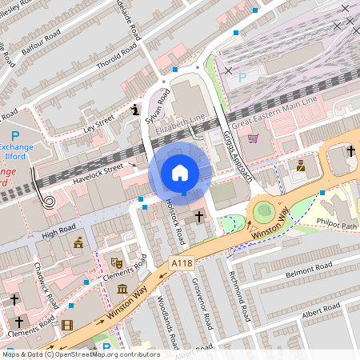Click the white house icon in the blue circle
180,172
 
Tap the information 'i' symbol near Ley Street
135,109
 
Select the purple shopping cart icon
254,138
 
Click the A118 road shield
181,261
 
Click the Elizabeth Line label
181,124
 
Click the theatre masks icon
116,262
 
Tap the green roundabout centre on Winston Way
262,212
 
